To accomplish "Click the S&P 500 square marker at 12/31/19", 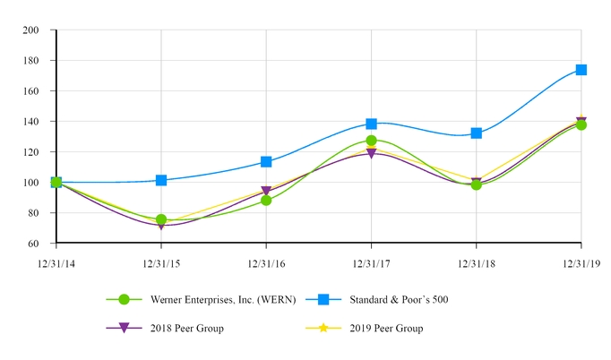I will click(581, 70).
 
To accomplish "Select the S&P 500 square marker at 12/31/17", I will click(371, 124).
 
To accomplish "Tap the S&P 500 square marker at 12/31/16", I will click(266, 162).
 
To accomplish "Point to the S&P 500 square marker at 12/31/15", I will click(161, 180).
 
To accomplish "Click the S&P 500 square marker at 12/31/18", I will click(477, 133).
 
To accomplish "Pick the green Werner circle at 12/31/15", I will click(161, 219).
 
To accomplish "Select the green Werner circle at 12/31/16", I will click(266, 201).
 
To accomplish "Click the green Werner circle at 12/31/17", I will click(371, 141).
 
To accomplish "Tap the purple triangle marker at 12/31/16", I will click(266, 192).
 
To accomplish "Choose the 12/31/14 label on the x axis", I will click(56, 263).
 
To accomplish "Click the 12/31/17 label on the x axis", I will click(371, 263).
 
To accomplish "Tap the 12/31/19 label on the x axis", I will click(581, 263).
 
